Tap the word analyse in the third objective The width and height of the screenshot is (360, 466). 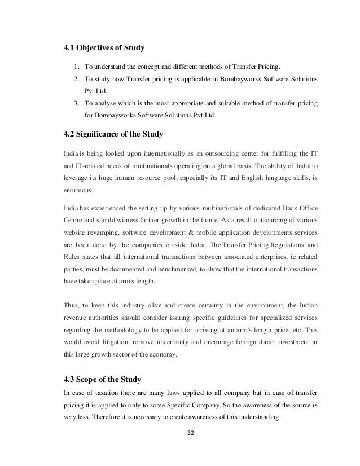pyautogui.click(x=103, y=104)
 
